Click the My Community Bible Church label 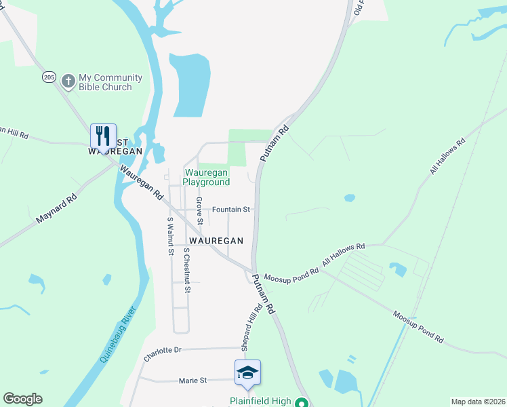pyautogui.click(x=110, y=82)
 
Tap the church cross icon pyautogui.click(x=68, y=81)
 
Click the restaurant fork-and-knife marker pyautogui.click(x=103, y=136)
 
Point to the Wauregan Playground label pyautogui.click(x=207, y=178)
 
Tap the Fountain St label pyautogui.click(x=232, y=210)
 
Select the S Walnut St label pyautogui.click(x=170, y=236)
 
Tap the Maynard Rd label pyautogui.click(x=57, y=210)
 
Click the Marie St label pyautogui.click(x=193, y=381)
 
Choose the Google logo pyautogui.click(x=22, y=399)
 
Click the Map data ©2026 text pyautogui.click(x=477, y=401)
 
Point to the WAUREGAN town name pyautogui.click(x=216, y=241)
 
